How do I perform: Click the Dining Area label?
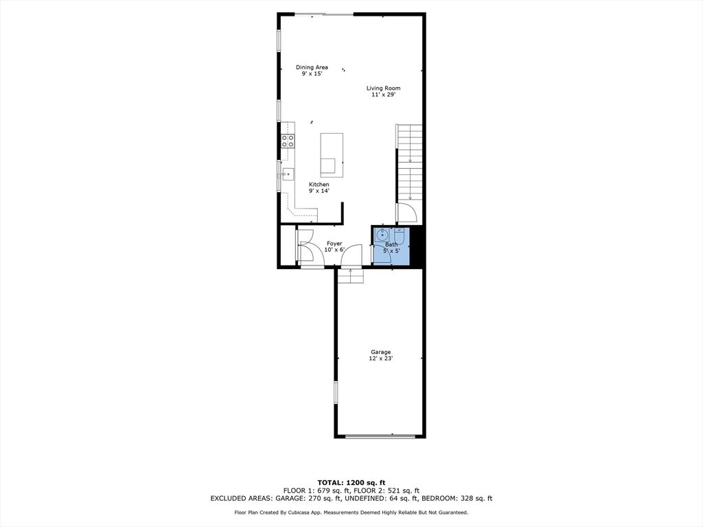pyautogui.click(x=312, y=67)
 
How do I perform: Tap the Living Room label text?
pyautogui.click(x=383, y=88)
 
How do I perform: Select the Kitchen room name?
pyautogui.click(x=319, y=185)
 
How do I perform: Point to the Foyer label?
pyautogui.click(x=334, y=244)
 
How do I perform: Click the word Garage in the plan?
pyautogui.click(x=380, y=352)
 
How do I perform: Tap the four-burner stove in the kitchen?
pyautogui.click(x=288, y=141)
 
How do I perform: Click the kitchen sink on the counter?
pyautogui.click(x=287, y=174)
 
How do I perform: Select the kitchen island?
pyautogui.click(x=332, y=154)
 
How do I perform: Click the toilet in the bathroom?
pyautogui.click(x=400, y=237)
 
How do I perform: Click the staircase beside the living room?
pyautogui.click(x=410, y=163)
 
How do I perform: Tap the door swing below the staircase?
pyautogui.click(x=405, y=213)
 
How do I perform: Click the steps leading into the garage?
pyautogui.click(x=351, y=275)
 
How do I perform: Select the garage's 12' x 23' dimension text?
pyautogui.click(x=380, y=359)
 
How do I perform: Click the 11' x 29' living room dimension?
pyautogui.click(x=383, y=95)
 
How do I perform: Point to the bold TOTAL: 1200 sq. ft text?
pyautogui.click(x=351, y=482)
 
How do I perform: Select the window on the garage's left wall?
pyautogui.click(x=336, y=393)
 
